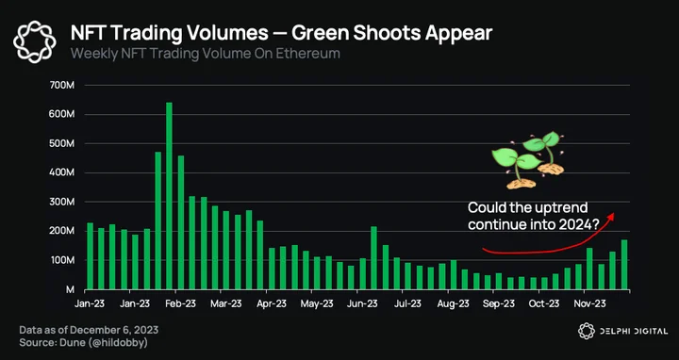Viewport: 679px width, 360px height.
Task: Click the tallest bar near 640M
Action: pos(169,196)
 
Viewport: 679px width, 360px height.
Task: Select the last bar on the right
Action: pos(624,265)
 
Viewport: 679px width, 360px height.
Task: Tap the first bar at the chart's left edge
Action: pos(91,256)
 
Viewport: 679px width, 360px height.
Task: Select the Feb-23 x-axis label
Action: pos(181,303)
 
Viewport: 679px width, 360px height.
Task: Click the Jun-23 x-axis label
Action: pos(362,303)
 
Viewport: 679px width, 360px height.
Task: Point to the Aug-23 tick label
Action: pos(453,303)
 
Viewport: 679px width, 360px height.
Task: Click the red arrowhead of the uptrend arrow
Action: pos(610,217)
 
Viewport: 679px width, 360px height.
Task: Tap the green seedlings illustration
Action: pos(528,160)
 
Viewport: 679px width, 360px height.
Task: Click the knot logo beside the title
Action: pos(35,42)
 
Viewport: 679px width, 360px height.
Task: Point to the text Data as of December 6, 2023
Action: pos(89,330)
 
